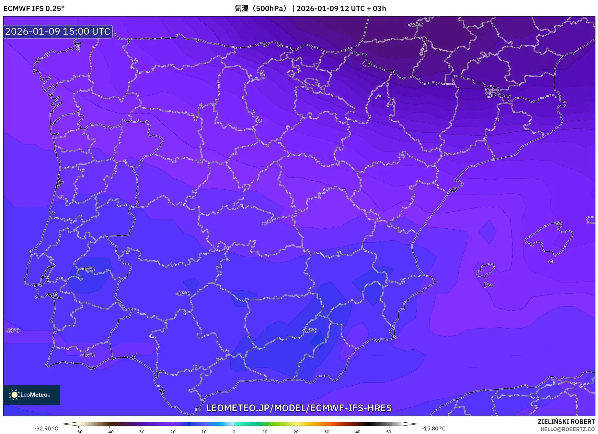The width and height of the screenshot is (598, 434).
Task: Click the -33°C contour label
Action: pyautogui.click(x=415, y=25)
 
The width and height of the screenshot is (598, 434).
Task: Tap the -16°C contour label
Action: pyautogui.click(x=310, y=331)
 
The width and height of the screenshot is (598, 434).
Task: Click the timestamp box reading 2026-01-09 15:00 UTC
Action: pyautogui.click(x=58, y=31)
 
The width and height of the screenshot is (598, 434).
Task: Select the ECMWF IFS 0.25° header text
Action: pyautogui.click(x=34, y=8)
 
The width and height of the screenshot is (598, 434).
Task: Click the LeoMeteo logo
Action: pyautogui.click(x=32, y=395)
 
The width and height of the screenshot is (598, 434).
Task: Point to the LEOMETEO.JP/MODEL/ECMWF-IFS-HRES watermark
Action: pyautogui.click(x=299, y=408)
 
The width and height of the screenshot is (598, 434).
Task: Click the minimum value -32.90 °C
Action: pyautogui.click(x=46, y=428)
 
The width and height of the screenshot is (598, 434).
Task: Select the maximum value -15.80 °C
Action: pyautogui.click(x=433, y=428)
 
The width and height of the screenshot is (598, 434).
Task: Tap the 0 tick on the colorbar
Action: pyautogui.click(x=234, y=432)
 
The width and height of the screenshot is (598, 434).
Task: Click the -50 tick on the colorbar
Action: pyautogui.click(x=79, y=432)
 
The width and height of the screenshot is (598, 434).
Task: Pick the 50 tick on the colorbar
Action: pyautogui.click(x=389, y=432)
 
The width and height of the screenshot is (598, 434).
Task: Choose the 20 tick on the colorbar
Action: pyautogui.click(x=296, y=432)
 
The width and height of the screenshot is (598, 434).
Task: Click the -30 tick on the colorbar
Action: pyautogui.click(x=141, y=432)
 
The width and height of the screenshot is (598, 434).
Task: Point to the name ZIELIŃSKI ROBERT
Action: pyautogui.click(x=566, y=422)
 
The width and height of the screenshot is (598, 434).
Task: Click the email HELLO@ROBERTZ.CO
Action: pyautogui.click(x=568, y=429)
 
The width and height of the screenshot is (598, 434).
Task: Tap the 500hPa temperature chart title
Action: pyautogui.click(x=310, y=8)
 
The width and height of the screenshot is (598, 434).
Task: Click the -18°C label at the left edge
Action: pyautogui.click(x=12, y=331)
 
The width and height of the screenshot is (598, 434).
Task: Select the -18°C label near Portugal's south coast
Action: pyautogui.click(x=88, y=355)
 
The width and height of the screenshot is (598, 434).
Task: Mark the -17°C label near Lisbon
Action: pyautogui.click(x=88, y=269)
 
